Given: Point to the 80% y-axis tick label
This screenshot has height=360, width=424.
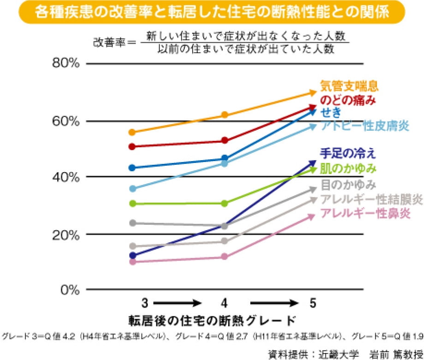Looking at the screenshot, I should tap(65, 64).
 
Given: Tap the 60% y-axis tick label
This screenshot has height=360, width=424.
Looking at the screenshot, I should tap(65, 122).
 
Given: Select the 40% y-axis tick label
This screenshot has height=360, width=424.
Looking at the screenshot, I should tap(65, 177).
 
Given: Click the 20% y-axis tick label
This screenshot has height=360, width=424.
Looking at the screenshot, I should tap(65, 234).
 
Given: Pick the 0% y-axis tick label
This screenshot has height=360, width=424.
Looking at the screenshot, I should tap(69, 290).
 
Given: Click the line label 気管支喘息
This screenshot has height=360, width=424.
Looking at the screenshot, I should tap(349, 86).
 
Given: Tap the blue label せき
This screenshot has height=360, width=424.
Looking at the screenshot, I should tap(332, 112).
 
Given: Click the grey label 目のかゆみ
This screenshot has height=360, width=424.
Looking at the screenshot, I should tap(348, 185).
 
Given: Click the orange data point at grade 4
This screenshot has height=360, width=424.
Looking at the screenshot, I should tap(224, 115).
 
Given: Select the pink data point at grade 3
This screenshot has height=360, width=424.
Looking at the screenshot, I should tap(133, 262).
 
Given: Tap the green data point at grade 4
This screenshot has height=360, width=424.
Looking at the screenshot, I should tap(224, 203).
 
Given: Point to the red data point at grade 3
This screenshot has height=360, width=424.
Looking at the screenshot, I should tap(133, 146).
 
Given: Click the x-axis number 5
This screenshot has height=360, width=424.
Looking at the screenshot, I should tap(313, 304).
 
